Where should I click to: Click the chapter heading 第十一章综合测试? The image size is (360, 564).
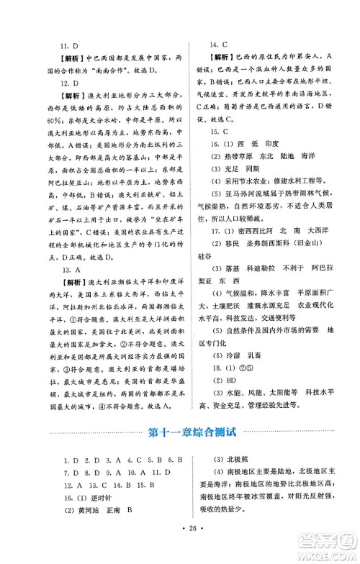pos(179,433)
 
